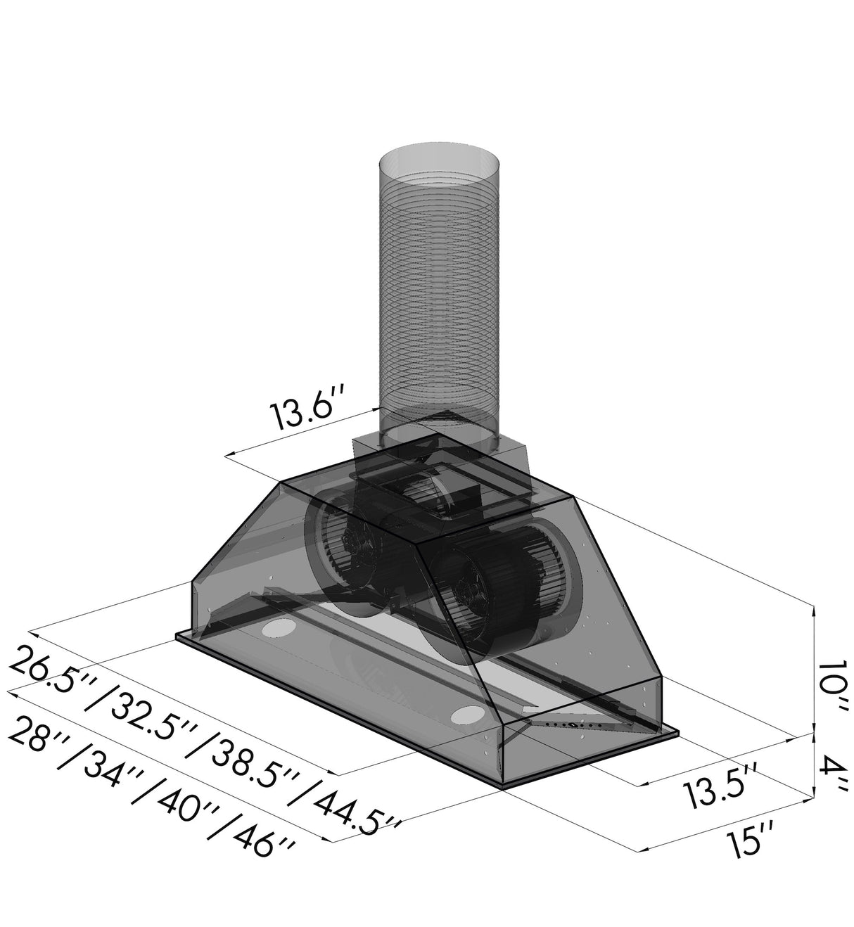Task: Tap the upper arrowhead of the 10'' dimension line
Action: (x=813, y=610)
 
